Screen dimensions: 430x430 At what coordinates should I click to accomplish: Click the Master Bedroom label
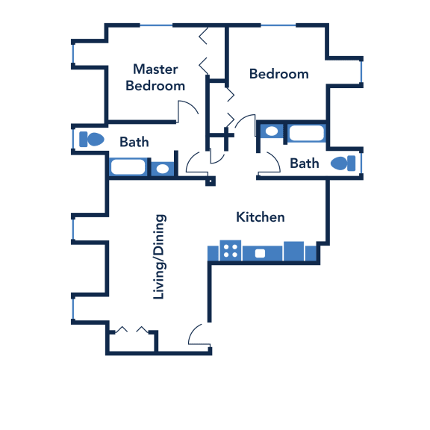click(155, 78)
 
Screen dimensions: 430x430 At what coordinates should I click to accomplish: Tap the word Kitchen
click(261, 217)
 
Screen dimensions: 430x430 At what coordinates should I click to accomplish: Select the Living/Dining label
click(159, 256)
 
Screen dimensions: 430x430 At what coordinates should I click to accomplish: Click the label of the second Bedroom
click(279, 74)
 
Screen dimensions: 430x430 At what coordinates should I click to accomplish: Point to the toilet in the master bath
click(92, 140)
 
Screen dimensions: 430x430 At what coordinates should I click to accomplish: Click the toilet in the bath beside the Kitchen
click(343, 163)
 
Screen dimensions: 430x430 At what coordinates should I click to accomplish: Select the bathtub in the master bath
click(128, 166)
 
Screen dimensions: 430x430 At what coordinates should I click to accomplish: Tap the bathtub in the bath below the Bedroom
click(307, 133)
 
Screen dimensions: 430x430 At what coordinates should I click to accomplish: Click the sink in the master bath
click(162, 169)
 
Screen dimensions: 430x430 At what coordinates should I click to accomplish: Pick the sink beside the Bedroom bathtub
click(272, 131)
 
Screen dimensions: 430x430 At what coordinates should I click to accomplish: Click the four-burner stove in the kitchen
click(231, 251)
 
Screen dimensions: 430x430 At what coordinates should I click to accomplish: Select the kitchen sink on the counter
click(260, 253)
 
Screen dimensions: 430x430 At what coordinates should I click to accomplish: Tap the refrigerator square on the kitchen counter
click(293, 251)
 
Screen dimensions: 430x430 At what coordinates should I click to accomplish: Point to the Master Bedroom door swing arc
click(191, 105)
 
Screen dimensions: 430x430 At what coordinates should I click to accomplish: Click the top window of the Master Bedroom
click(156, 25)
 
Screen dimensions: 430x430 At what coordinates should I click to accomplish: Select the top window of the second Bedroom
click(278, 25)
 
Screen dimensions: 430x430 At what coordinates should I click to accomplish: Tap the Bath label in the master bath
click(134, 142)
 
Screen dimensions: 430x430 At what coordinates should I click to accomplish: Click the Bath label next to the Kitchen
click(305, 163)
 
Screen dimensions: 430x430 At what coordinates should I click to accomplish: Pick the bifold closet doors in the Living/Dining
click(131, 330)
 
